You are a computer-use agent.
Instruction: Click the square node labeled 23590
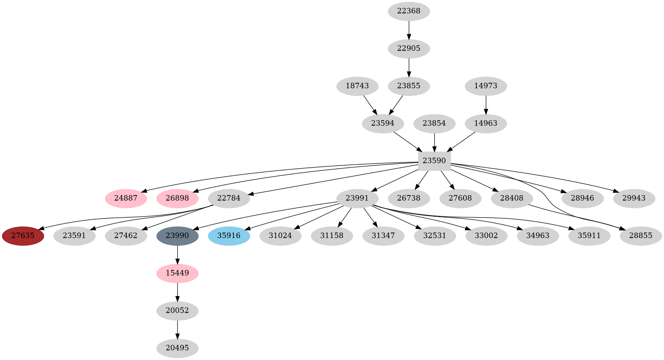click(x=434, y=161)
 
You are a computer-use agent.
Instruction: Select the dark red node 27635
click(x=23, y=236)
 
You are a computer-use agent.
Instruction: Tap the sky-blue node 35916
click(x=229, y=236)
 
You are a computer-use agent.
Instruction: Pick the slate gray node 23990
click(x=178, y=236)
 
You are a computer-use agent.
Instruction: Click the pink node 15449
click(x=178, y=273)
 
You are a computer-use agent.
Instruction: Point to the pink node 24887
click(x=126, y=198)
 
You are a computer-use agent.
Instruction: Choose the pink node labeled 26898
click(x=178, y=198)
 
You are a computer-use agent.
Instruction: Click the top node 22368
click(x=408, y=11)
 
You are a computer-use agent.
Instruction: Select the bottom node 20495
click(x=178, y=348)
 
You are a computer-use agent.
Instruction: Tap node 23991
click(x=357, y=198)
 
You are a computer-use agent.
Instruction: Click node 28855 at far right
click(x=641, y=236)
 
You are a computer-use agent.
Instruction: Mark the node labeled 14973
click(x=486, y=86)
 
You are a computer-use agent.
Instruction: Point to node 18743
click(x=357, y=86)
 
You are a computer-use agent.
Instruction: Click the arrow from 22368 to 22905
click(x=408, y=30)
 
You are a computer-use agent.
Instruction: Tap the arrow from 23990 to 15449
click(x=178, y=254)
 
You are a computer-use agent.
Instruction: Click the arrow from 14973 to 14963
click(x=486, y=105)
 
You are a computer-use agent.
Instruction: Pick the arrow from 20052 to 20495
click(x=178, y=329)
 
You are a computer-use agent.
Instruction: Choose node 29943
click(x=634, y=198)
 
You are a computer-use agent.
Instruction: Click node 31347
click(x=383, y=236)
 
